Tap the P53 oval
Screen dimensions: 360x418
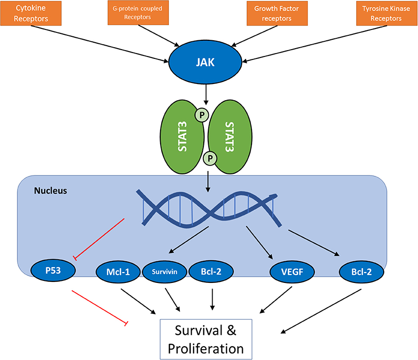[53, 270]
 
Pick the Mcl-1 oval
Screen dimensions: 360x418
[117, 270]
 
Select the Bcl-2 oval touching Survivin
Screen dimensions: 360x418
[211, 270]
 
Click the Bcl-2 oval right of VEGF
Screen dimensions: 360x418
[361, 270]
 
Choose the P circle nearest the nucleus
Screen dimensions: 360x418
[210, 159]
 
